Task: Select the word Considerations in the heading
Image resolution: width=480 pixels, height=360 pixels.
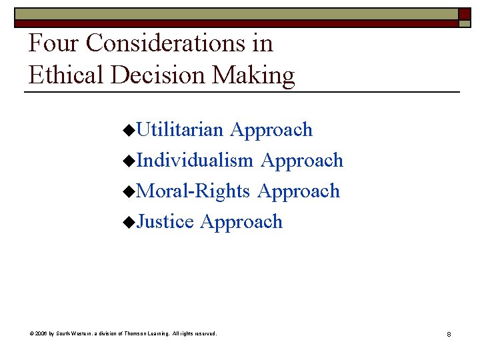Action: click(x=167, y=43)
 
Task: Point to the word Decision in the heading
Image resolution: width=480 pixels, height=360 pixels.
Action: click(x=159, y=75)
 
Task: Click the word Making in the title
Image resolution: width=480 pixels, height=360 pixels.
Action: click(x=253, y=75)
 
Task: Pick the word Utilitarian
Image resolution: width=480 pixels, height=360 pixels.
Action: click(x=179, y=129)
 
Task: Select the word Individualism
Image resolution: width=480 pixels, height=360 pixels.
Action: click(x=195, y=160)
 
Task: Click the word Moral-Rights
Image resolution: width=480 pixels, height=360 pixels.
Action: click(x=193, y=191)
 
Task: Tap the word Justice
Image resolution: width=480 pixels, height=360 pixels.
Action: click(x=165, y=221)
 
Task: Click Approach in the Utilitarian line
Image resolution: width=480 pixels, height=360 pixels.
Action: click(x=271, y=129)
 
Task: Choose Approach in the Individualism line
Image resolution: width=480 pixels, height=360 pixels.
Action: click(x=301, y=160)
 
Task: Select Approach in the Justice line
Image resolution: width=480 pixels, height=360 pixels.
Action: click(x=241, y=221)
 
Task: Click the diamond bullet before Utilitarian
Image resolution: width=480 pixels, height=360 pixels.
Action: click(x=129, y=131)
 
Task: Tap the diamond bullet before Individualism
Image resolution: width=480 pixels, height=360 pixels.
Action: click(x=129, y=161)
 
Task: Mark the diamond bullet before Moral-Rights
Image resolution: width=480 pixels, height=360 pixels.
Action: click(x=129, y=192)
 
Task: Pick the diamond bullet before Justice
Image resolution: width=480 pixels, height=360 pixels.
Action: click(x=129, y=223)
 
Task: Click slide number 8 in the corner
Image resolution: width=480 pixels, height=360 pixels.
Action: click(x=449, y=333)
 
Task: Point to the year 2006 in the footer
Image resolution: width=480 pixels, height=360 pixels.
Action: click(x=41, y=333)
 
